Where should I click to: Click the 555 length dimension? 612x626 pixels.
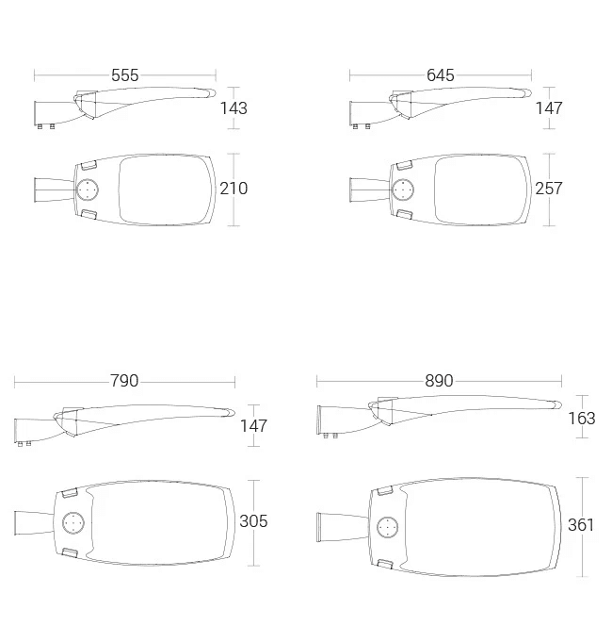125,75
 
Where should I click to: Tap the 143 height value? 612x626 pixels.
234,108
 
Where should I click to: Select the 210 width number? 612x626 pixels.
234,189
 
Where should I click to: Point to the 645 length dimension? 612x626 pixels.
440,75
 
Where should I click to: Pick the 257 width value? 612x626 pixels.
549,189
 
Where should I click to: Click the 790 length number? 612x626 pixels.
124,381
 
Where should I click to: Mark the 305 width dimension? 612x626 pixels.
253,521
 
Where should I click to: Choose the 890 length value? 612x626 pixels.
439,381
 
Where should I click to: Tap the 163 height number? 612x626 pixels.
582,419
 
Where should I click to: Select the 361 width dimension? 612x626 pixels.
581,525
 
